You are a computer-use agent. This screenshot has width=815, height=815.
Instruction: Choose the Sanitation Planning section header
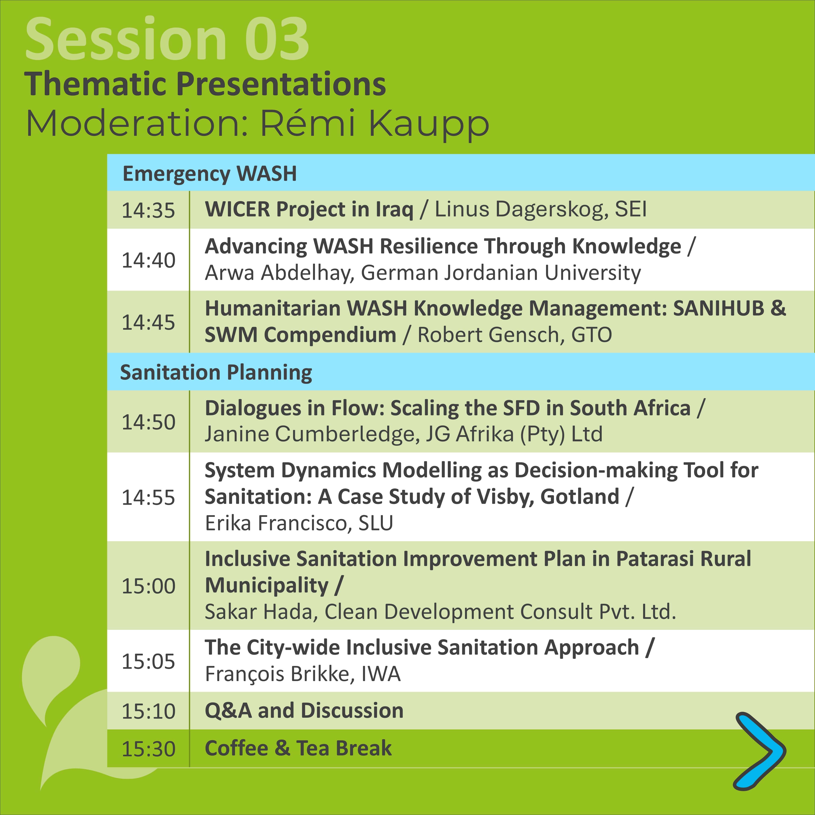click(216, 372)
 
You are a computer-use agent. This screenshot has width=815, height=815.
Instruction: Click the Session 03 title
click(168, 39)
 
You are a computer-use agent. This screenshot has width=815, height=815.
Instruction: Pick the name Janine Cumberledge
click(312, 434)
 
